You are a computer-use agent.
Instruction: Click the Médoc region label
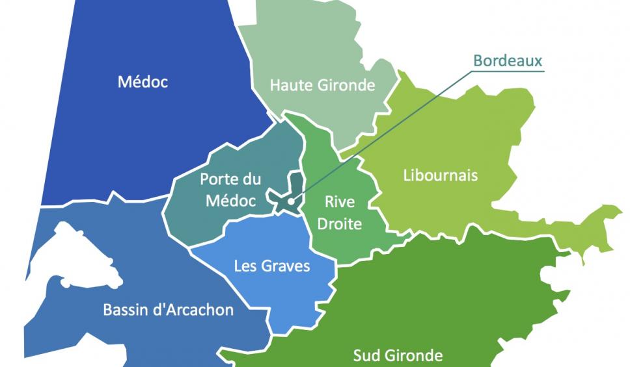[x=143, y=82]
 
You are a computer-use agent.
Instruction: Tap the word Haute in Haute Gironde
[x=290, y=85]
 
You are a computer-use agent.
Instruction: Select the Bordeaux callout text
[x=508, y=61]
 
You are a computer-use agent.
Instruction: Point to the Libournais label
[x=441, y=175]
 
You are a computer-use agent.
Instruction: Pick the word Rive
[x=339, y=202]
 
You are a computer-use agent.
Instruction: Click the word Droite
[x=344, y=223]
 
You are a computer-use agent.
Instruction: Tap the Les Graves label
[x=272, y=266]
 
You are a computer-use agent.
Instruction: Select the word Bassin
[x=125, y=310]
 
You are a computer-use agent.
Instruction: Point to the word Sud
[x=366, y=355]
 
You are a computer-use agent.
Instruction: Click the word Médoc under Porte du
[x=226, y=201]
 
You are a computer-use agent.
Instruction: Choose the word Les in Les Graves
[x=245, y=266]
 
